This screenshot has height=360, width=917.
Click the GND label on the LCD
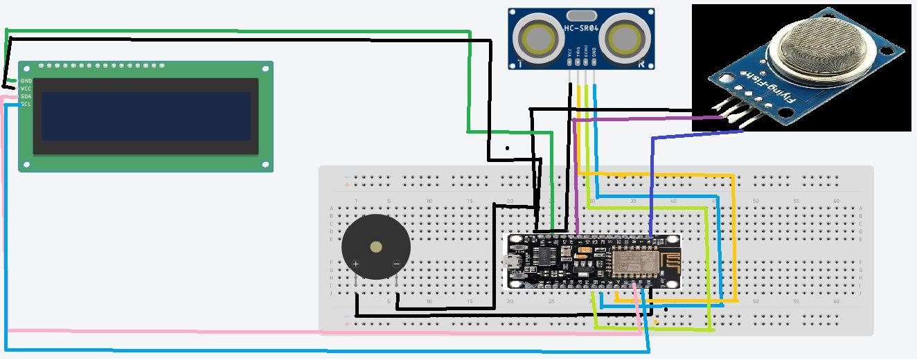click(x=26, y=81)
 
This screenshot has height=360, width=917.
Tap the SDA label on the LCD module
click(x=26, y=96)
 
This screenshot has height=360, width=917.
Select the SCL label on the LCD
click(x=26, y=104)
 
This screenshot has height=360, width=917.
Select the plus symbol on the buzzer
click(x=356, y=264)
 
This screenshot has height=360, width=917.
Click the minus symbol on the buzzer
click(x=396, y=264)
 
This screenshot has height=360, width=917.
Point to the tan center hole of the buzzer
click(x=376, y=247)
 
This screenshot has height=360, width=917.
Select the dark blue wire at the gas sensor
click(x=700, y=135)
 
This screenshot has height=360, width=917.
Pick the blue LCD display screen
click(x=145, y=116)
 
